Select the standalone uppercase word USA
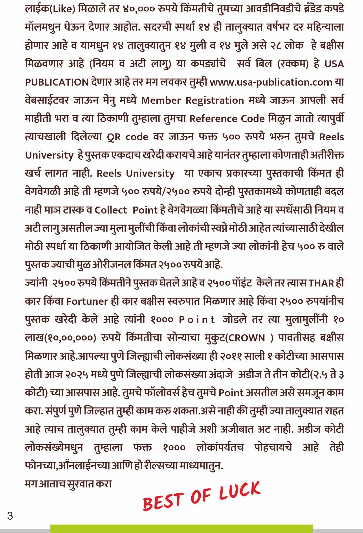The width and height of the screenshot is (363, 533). (x=334, y=64)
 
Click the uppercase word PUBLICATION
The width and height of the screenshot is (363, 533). (x=56, y=82)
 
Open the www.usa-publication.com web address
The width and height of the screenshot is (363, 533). (x=271, y=82)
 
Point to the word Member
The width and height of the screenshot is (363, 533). (x=160, y=100)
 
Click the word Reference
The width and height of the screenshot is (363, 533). (x=216, y=119)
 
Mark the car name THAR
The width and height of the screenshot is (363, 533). (x=321, y=283)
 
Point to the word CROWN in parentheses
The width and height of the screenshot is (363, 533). (x=247, y=338)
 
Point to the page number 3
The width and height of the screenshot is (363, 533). (x=10, y=516)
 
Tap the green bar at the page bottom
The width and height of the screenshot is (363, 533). (x=181, y=529)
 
